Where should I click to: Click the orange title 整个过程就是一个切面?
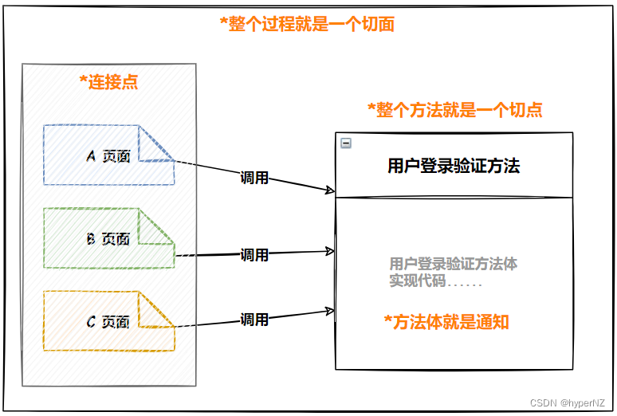(x=307, y=24)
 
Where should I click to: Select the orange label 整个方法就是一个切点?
(x=454, y=110)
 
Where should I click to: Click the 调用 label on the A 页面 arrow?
(x=254, y=178)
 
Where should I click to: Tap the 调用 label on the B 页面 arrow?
(x=254, y=255)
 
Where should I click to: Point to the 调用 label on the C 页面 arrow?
(x=254, y=320)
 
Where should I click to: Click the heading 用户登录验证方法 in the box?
(x=454, y=166)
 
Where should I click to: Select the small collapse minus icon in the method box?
(x=346, y=143)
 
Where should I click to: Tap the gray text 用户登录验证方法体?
(x=454, y=264)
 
